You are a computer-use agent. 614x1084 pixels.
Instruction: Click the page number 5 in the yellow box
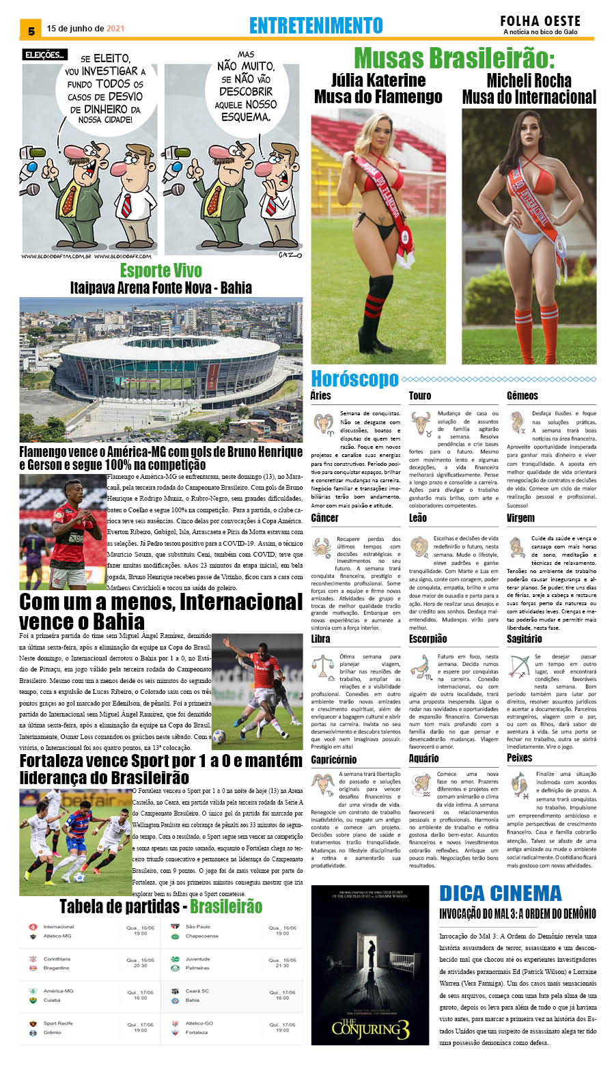(x=31, y=31)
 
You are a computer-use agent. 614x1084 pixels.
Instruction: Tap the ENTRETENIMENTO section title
(x=316, y=25)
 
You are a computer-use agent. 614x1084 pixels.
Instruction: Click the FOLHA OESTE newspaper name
(x=540, y=21)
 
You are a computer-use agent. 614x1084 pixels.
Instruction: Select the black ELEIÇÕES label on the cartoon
(x=44, y=55)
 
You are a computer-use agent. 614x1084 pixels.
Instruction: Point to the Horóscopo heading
(x=354, y=378)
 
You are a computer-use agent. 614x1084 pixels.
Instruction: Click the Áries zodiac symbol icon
(x=323, y=423)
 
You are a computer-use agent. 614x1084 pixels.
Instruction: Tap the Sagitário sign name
(x=524, y=639)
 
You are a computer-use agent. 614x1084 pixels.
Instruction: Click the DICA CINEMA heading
(x=500, y=893)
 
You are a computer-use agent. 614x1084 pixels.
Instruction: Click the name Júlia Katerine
(x=378, y=80)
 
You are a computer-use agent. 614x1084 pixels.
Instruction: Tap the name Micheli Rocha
(x=529, y=80)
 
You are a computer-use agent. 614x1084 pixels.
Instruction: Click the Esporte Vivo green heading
(x=161, y=270)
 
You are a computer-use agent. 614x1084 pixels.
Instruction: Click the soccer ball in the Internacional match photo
(x=219, y=735)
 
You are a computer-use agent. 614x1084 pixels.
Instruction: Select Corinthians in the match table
(x=57, y=959)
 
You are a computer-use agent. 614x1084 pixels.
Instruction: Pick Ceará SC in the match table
(x=197, y=990)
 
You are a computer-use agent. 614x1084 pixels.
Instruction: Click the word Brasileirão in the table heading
(x=226, y=906)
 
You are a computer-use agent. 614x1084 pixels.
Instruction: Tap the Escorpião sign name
(x=428, y=639)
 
